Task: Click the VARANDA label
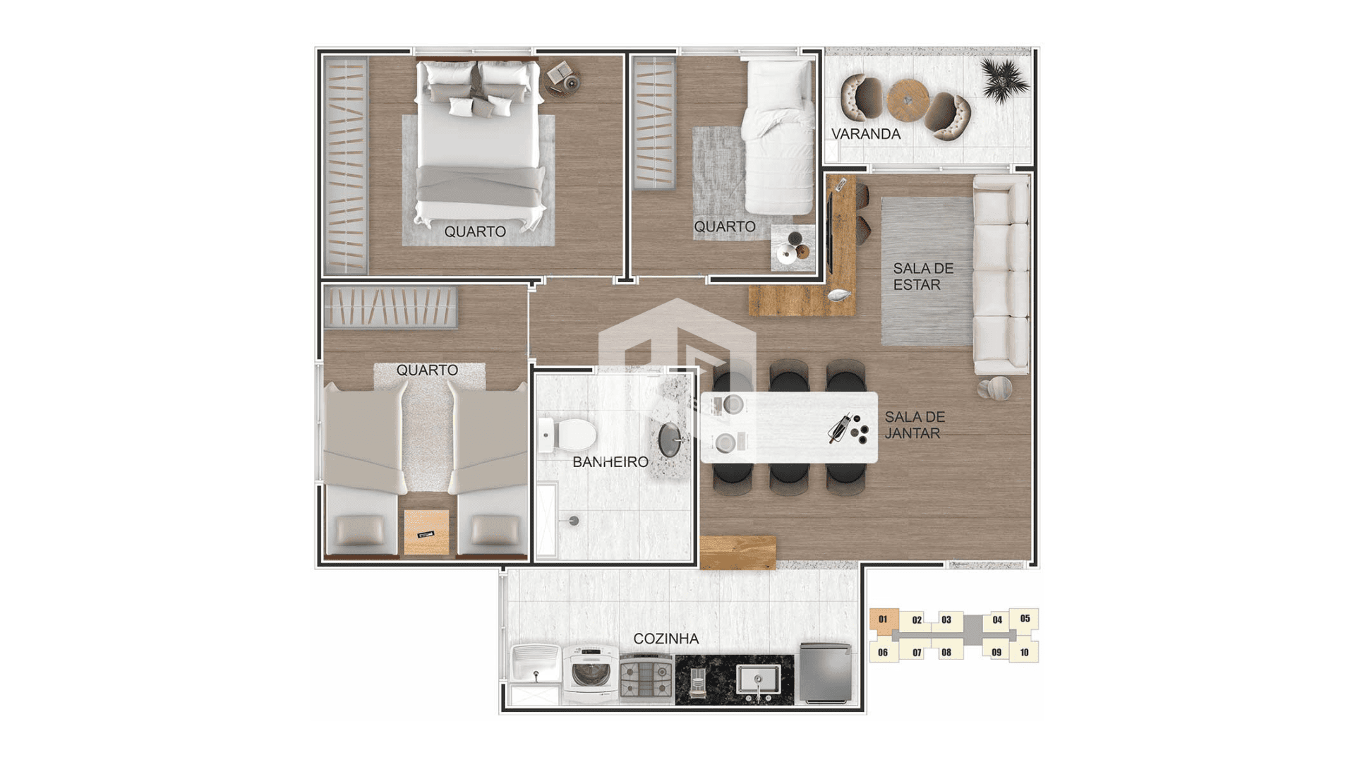865,134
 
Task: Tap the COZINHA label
666,639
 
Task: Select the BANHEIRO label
610,462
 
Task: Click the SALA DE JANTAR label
915,425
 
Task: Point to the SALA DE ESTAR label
923,277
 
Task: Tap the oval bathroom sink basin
670,440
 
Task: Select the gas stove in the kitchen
646,678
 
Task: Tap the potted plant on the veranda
1004,79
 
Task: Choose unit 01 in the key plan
884,619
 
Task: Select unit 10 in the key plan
1024,653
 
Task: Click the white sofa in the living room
1001,274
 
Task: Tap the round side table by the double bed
562,78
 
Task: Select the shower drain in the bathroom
574,521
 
